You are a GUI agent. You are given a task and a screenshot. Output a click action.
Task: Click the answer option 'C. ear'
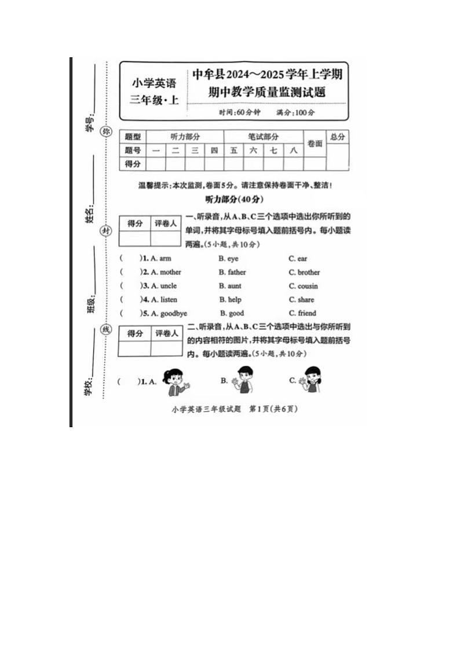tap(298, 258)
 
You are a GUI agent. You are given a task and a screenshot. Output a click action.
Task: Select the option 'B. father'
tap(232, 272)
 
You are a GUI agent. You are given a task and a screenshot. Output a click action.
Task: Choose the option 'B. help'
tap(230, 300)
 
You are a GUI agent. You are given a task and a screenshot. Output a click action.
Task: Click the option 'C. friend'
tap(302, 314)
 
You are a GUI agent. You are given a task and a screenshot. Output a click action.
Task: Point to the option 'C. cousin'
tap(304, 286)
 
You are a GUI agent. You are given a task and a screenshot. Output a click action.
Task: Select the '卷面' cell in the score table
tap(315, 144)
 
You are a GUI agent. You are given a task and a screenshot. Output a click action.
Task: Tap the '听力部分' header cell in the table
tap(185, 137)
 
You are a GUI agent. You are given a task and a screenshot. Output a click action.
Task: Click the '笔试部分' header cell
tap(264, 137)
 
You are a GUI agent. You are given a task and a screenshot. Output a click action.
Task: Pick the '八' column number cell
tap(294, 150)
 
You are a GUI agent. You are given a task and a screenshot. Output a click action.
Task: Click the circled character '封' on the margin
tap(105, 230)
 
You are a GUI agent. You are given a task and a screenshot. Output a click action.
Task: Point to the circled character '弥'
tap(105, 131)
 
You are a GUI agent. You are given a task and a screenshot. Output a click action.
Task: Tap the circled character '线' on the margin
tap(105, 329)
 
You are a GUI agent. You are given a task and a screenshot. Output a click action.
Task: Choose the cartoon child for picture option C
tap(313, 380)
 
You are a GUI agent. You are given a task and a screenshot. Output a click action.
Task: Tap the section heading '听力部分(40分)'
tap(234, 199)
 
